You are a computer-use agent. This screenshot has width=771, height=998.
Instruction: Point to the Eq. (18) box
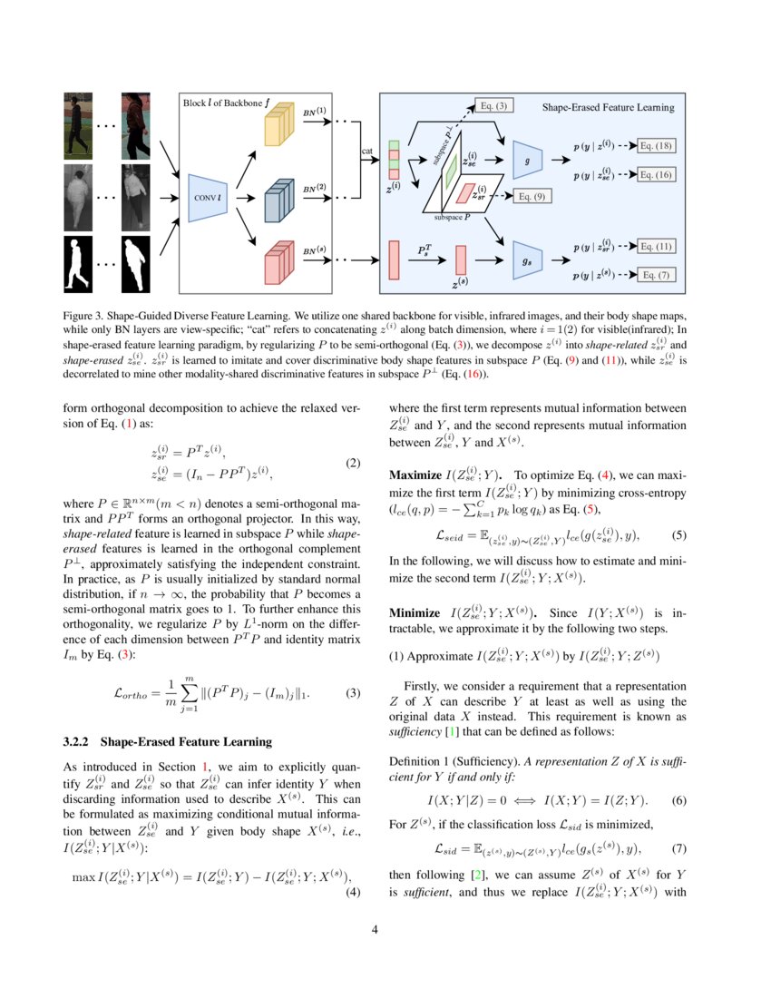tap(655, 145)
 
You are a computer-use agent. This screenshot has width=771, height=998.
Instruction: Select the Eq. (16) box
tap(655, 174)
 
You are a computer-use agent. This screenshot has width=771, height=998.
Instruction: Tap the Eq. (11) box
tap(655, 246)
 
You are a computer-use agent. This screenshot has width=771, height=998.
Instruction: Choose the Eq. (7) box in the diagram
tap(655, 274)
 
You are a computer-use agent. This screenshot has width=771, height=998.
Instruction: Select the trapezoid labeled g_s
tap(527, 259)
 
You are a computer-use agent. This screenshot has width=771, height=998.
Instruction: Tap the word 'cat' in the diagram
tap(367, 152)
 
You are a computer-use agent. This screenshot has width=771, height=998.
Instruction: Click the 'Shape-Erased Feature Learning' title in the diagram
tap(608, 107)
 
